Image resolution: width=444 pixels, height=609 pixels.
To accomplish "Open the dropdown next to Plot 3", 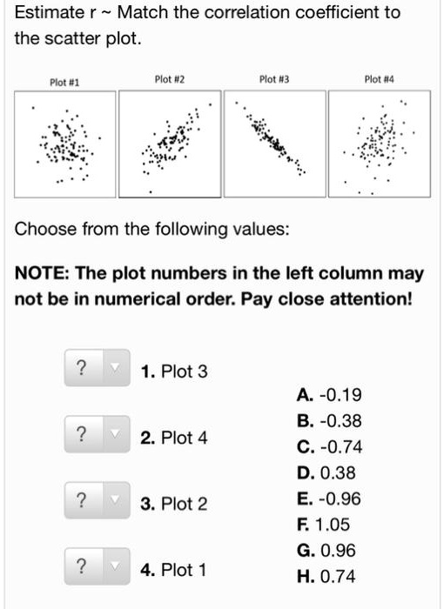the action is coord(96,368).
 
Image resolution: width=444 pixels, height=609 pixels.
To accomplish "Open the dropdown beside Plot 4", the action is coord(96,433).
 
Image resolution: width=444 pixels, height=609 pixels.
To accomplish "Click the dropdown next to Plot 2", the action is coord(96,500).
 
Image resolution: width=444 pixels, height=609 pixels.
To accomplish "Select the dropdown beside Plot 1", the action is coord(96,566).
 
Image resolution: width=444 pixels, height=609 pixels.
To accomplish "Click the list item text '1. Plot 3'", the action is coord(174,372).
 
